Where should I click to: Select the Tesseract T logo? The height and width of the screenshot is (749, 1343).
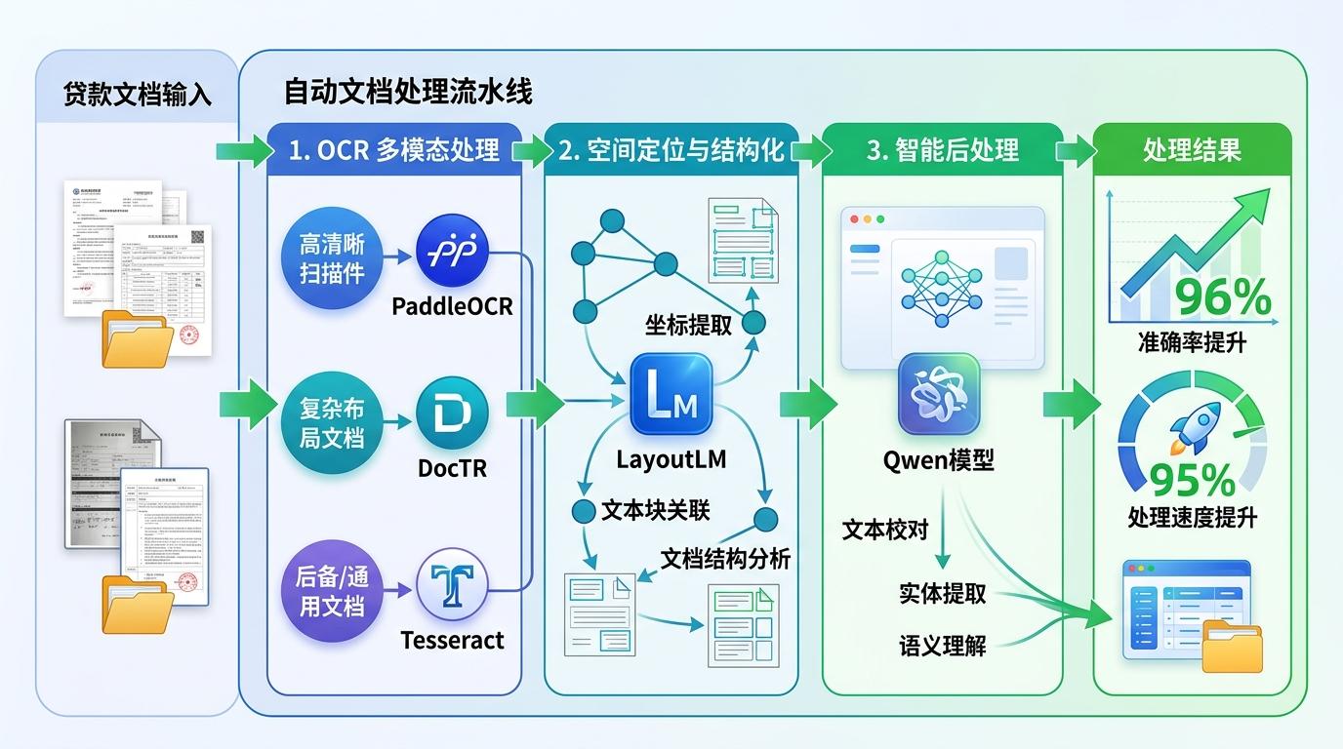point(452,585)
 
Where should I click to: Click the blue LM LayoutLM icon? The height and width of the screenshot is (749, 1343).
point(671,393)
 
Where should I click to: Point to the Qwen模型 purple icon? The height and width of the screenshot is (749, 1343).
point(938,393)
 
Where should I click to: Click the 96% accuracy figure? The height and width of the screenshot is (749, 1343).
point(1223,298)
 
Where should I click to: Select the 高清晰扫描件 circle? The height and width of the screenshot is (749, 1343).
point(332,257)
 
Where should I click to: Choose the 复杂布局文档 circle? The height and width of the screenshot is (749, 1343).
point(332,423)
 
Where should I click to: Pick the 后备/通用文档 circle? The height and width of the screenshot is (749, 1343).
point(332,591)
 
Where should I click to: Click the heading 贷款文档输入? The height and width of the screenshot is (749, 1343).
point(138,96)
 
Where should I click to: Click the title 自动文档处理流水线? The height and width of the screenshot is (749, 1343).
point(408,92)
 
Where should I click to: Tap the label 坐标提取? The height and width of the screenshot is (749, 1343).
point(688,325)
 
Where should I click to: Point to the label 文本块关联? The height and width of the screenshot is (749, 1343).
point(655,510)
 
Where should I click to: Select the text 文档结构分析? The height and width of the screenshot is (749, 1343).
point(725,558)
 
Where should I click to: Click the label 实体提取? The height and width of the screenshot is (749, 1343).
point(942,593)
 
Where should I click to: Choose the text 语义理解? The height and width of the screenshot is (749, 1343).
point(942,645)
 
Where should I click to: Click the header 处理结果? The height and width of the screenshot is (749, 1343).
point(1192,149)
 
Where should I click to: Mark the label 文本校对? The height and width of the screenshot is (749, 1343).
point(885,530)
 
